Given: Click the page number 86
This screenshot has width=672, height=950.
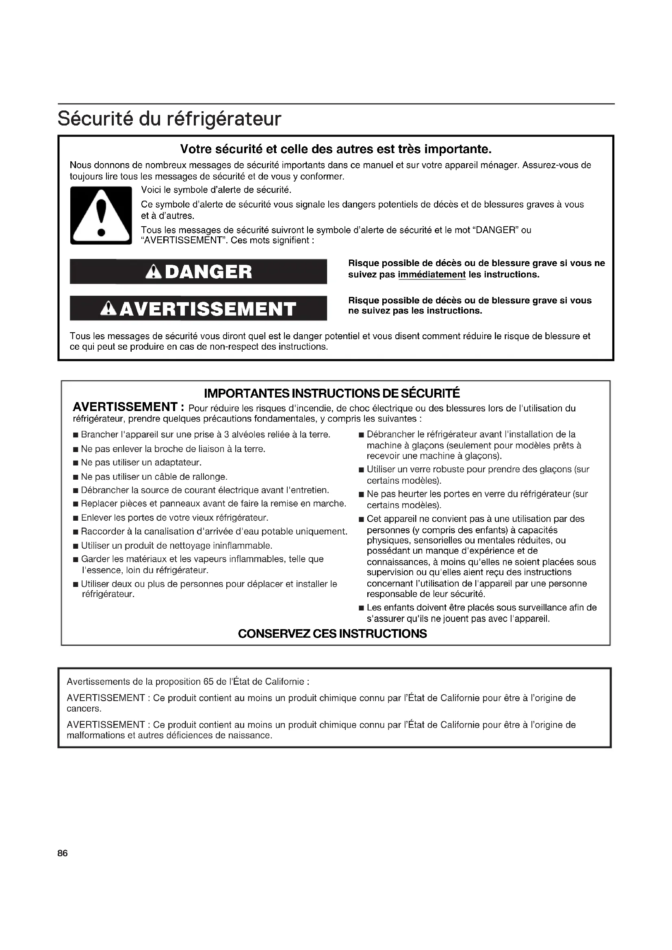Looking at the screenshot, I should tap(63, 853).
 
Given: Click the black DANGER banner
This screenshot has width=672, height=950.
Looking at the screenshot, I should tap(198, 271).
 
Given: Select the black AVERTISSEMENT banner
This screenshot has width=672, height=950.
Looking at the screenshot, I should tap(198, 308).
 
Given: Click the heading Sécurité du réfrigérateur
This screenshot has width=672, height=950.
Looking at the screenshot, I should tap(169, 119).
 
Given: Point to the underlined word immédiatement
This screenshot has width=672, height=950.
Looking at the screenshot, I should tap(431, 275).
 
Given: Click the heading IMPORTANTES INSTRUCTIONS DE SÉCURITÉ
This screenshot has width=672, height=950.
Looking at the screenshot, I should tap(332, 393).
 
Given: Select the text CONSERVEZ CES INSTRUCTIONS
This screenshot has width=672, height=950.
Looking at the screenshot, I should tap(332, 634).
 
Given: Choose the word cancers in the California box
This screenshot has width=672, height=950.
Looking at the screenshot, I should tap(84, 708).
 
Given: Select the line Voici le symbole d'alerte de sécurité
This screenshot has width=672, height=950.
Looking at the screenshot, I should tap(216, 190).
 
